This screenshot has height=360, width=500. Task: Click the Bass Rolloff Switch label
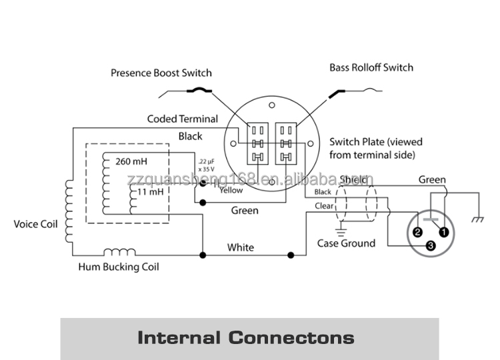pos(371,67)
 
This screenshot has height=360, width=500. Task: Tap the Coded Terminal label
pos(182,119)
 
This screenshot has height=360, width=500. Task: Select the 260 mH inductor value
pos(132,161)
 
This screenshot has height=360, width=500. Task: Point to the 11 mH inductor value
pos(150,191)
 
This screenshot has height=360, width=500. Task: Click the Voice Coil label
pos(35,224)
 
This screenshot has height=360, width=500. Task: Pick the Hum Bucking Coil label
pos(118,267)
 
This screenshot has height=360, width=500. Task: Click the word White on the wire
pos(240,247)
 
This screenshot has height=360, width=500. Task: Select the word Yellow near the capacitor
pos(231,190)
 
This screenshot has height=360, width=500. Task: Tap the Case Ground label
pos(345,243)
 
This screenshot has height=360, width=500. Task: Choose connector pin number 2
pos(417,232)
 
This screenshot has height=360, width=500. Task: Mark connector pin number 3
pos(431,246)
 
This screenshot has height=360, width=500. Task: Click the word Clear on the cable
pos(323,206)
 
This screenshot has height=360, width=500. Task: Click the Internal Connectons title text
pos(245,337)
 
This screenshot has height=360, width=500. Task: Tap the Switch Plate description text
pos(376,148)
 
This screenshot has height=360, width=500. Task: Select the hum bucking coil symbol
pos(119,253)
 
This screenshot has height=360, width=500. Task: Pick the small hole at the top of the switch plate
pos(271,105)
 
